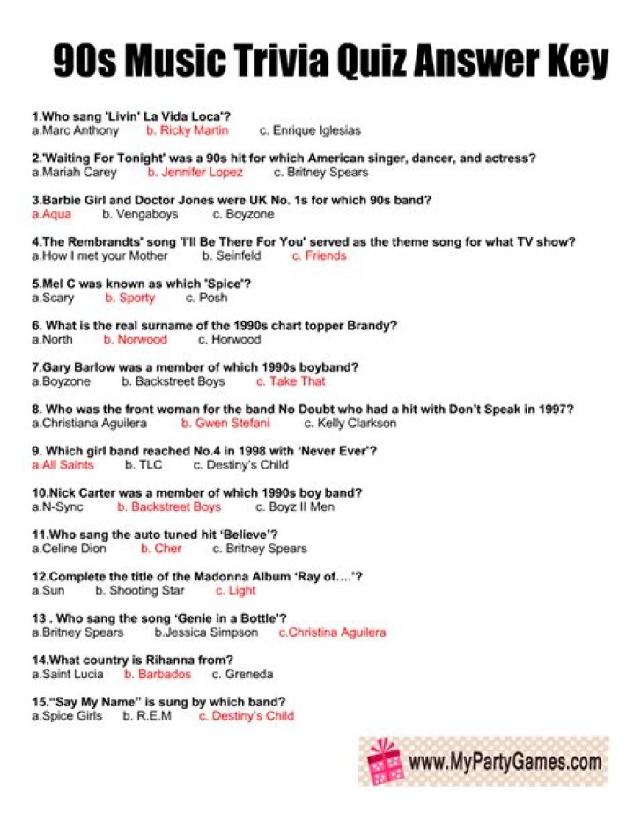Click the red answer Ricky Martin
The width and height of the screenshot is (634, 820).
(188, 130)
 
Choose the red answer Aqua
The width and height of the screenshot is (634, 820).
(52, 214)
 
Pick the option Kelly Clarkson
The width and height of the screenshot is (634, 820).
(350, 423)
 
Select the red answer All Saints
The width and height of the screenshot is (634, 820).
(63, 465)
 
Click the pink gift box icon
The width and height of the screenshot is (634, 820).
(385, 761)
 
